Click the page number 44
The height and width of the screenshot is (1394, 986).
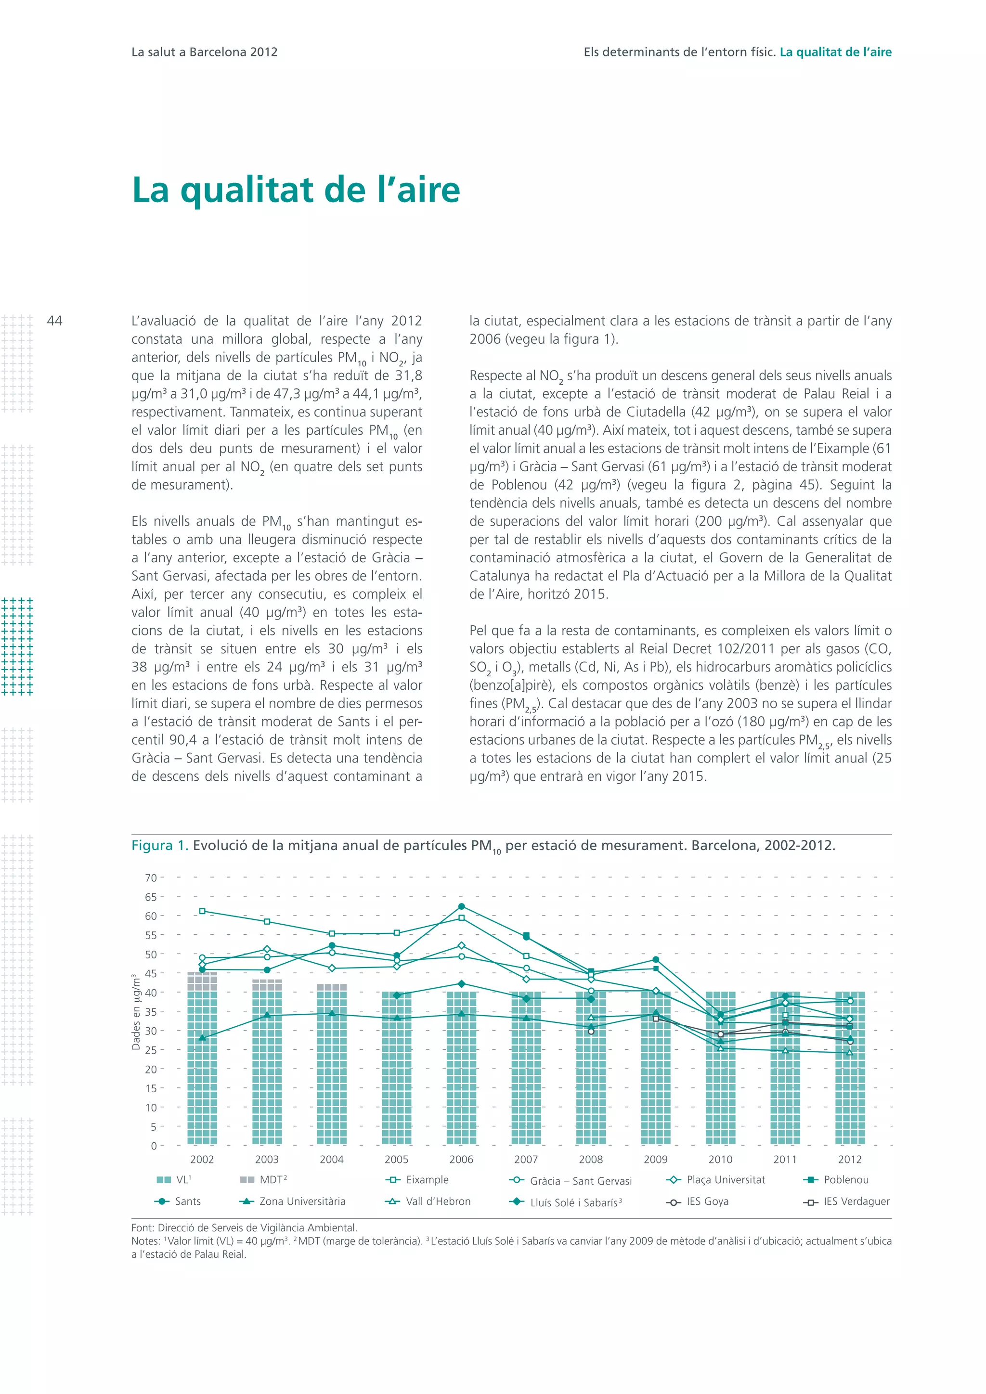(x=54, y=321)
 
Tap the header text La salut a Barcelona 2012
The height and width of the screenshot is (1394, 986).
(x=204, y=52)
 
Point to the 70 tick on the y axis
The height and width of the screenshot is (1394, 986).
(x=151, y=878)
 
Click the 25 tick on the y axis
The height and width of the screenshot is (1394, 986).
(x=151, y=1050)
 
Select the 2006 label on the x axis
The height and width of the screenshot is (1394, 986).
(x=461, y=1159)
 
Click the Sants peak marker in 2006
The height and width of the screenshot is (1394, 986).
(x=461, y=906)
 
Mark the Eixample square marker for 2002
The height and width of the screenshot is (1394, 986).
(x=202, y=911)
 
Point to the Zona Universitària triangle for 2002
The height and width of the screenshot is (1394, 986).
(x=202, y=1038)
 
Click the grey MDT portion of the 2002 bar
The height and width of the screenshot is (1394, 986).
(x=202, y=982)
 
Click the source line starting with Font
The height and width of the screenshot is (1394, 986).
(x=244, y=1227)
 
